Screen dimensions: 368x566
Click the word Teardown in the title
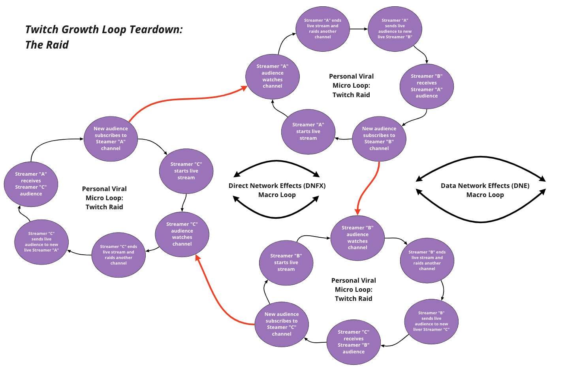pos(156,30)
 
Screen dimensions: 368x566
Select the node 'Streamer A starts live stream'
pos(308,131)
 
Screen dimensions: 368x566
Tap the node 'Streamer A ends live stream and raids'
pos(323,28)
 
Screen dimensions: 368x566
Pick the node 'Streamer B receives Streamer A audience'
pos(427,86)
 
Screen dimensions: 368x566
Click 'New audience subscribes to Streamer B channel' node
pos(379,139)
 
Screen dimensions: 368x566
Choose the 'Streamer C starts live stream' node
pos(186,171)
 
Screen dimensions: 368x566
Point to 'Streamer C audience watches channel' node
pos(182,234)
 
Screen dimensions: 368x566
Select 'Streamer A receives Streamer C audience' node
pos(31,184)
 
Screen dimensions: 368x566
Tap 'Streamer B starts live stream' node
pos(286,263)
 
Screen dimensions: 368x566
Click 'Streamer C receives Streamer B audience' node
pos(354,342)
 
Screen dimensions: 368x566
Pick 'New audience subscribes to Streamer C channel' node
pos(282,324)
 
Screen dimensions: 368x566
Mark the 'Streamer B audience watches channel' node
pos(357,238)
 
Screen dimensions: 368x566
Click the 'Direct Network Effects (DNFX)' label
pos(277,186)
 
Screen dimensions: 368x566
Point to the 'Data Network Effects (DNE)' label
pos(485,186)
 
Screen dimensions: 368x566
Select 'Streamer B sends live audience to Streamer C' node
pos(431,321)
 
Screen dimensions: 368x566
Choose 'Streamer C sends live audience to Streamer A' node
pos(41,242)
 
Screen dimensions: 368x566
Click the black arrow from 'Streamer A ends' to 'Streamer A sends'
pos(359,29)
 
